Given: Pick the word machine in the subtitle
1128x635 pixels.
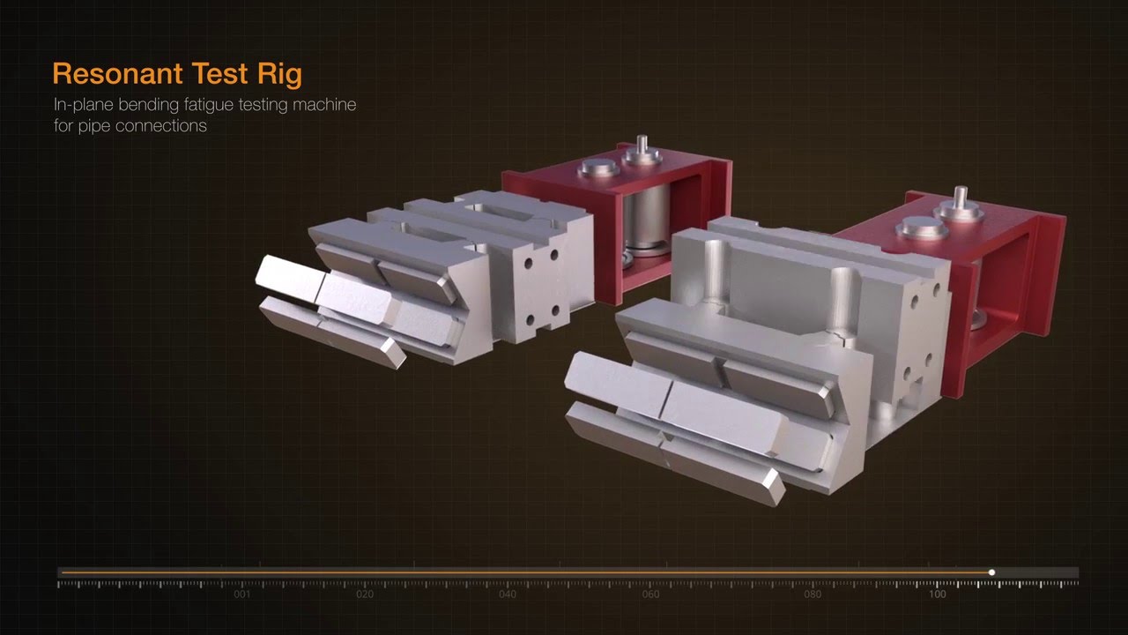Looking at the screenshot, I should (x=326, y=105).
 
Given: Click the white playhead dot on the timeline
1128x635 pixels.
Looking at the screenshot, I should (x=991, y=572).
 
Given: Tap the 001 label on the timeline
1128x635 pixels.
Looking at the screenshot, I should (x=242, y=594).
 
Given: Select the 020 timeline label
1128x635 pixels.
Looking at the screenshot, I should (x=365, y=594).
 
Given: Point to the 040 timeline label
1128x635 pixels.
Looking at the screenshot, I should (x=508, y=594).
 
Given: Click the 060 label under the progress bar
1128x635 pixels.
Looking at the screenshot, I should (x=650, y=594).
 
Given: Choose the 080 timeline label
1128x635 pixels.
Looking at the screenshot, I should (x=813, y=594).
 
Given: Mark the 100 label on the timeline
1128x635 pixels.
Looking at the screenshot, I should (x=938, y=594).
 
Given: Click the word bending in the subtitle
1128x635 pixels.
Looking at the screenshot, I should (x=140, y=105).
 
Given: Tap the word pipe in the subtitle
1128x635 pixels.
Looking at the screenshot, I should (x=93, y=125).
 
